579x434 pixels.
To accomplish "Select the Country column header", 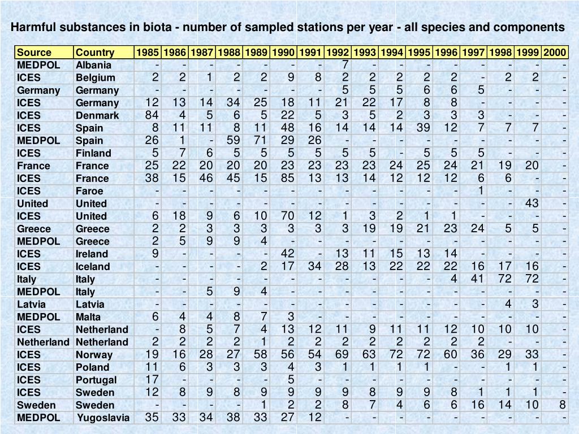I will click(95, 53).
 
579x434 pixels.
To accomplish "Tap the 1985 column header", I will click(148, 53).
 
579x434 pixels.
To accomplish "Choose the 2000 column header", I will click(555, 53).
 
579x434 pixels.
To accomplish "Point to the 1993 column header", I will click(365, 53).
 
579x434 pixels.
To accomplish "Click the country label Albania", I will click(94, 65).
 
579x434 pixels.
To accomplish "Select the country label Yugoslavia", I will click(103, 418).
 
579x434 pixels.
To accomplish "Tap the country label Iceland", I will click(93, 267).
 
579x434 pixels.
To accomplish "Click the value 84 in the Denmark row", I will click(152, 115).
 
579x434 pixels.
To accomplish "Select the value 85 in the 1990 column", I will click(287, 178).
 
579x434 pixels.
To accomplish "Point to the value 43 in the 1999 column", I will click(532, 203).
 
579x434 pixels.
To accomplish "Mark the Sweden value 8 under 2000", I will click(562, 405).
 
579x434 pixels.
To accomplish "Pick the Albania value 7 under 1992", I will click(344, 64).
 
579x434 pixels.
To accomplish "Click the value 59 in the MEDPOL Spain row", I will click(233, 140).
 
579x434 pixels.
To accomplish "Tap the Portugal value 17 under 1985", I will click(152, 379).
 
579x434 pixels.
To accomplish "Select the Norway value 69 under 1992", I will click(342, 354).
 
